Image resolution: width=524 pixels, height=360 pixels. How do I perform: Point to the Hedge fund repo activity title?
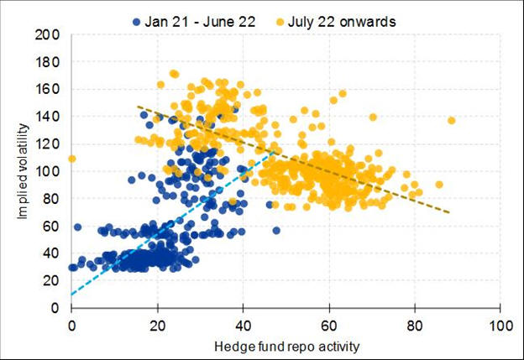tap(286, 344)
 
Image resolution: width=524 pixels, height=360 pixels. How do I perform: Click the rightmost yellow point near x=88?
tap(451, 121)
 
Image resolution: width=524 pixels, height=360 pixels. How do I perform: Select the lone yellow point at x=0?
tap(72, 159)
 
